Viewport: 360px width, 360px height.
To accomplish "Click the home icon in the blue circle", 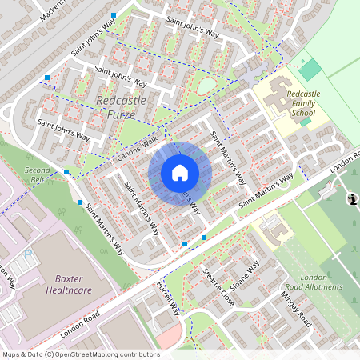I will pyautogui.click(x=180, y=173).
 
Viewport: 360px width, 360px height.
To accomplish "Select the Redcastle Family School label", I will pyautogui.click(x=302, y=104).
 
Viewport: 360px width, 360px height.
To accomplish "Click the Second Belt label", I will pyautogui.click(x=38, y=175).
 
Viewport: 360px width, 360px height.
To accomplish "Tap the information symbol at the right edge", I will pyautogui.click(x=351, y=199).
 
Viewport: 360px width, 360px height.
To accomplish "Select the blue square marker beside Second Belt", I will pyautogui.click(x=67, y=172).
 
